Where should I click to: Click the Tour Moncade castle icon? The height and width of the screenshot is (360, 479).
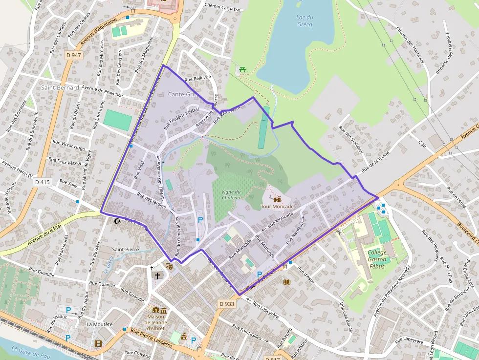click(277, 199)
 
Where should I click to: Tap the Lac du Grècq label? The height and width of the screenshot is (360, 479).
click(305, 21)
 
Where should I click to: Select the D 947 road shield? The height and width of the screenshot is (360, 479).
click(73, 55)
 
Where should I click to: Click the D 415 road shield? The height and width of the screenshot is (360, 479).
click(43, 182)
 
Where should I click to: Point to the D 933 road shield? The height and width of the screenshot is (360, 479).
click(227, 304)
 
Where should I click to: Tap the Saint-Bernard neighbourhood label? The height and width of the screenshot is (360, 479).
click(60, 87)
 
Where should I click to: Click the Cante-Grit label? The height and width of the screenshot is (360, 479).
click(182, 94)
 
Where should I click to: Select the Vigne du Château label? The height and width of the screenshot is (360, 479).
click(231, 194)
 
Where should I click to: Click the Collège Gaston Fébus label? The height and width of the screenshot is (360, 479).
click(377, 259)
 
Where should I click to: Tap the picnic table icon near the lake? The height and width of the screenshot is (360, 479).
click(243, 69)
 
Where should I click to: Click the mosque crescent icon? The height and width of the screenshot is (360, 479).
click(117, 221)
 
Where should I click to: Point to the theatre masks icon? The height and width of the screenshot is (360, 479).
click(169, 266)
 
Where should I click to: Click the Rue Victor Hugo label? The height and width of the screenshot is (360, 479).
click(69, 145)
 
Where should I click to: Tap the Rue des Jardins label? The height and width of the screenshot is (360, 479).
click(152, 200)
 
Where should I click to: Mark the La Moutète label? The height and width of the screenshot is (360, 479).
click(99, 324)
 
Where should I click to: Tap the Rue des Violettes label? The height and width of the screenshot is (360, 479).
click(351, 140)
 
